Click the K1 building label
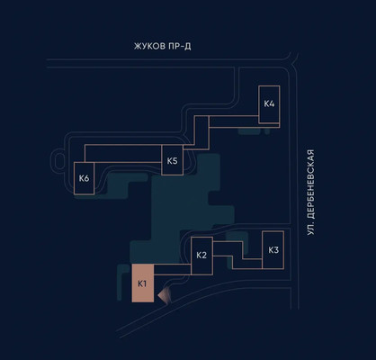[x=142, y=283]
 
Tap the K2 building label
[x=201, y=256]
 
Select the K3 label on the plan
[x=273, y=250]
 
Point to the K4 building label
[x=269, y=103]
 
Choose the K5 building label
[x=172, y=161]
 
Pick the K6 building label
[x=85, y=178]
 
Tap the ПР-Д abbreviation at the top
[x=180, y=47]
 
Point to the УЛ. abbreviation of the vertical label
[x=311, y=229]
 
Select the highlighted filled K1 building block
[x=143, y=283]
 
